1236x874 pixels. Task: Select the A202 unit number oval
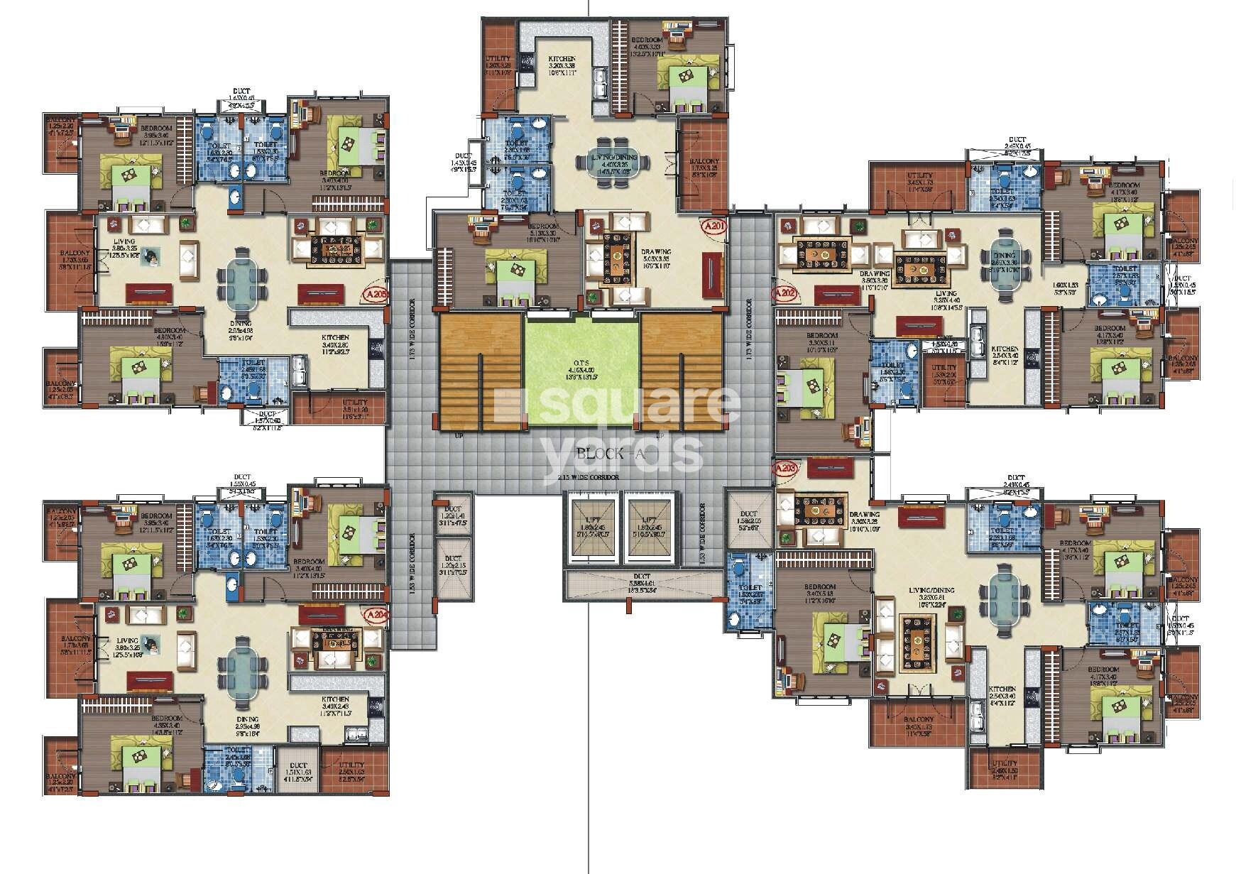[785, 292]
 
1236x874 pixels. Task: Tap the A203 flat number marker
[786, 469]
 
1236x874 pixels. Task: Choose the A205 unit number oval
[374, 294]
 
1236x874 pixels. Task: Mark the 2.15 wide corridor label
[587, 478]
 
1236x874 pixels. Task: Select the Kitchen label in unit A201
[562, 60]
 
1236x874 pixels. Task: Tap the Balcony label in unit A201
[704, 162]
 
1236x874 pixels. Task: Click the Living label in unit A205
[124, 242]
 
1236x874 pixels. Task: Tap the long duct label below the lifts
[642, 577]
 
